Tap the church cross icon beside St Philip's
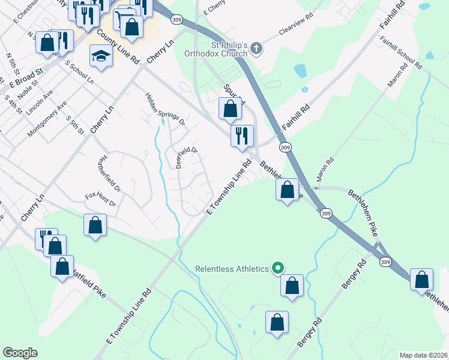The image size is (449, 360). (256, 48)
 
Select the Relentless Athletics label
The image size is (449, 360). (232, 269)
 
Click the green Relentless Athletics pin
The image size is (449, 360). (278, 268)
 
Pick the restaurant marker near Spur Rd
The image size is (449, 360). (243, 136)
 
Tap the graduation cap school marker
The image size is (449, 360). (101, 57)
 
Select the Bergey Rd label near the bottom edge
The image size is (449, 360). (309, 333)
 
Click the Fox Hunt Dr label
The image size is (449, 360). (100, 199)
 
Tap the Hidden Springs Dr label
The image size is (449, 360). (166, 109)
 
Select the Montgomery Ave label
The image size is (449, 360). (47, 118)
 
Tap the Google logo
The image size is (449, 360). (20, 353)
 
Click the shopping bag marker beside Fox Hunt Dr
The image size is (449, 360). (95, 226)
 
